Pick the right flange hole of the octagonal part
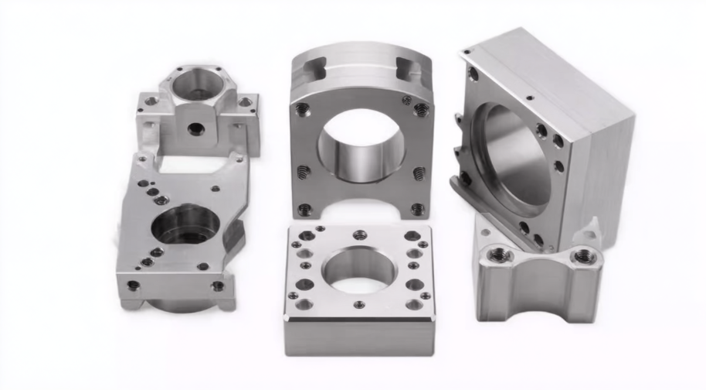click(x=245, y=102)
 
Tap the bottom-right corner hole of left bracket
click(x=218, y=286)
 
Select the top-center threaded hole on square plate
click(x=358, y=235)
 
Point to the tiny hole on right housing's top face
click(x=529, y=98)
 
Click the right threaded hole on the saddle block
click(x=582, y=256)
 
